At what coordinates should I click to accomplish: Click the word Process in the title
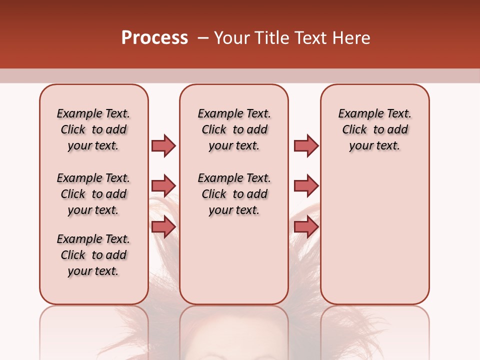pos(154,38)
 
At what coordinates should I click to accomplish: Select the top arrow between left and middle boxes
pos(163,145)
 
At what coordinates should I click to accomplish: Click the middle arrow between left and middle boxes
pos(163,186)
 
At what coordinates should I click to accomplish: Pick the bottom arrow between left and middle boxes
pos(163,227)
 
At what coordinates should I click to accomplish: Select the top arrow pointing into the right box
pos(306,145)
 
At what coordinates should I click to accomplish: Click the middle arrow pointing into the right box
pos(306,186)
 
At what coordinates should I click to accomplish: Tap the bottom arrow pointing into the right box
pos(306,227)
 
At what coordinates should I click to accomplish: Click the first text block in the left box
pos(93,129)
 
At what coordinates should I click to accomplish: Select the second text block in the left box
pos(93,194)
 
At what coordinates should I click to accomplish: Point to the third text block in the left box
pos(93,255)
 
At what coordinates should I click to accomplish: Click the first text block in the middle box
pos(234,129)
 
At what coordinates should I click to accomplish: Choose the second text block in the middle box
pos(234,194)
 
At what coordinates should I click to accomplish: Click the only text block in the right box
pos(375,129)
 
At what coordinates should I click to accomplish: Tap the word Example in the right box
pos(355,114)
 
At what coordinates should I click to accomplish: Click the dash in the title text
pos(203,38)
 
